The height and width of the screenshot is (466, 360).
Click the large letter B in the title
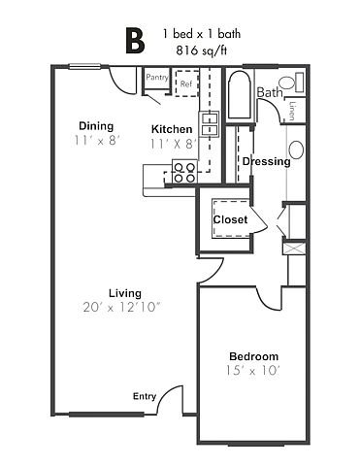(135, 41)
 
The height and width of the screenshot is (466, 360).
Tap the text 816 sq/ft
(201, 50)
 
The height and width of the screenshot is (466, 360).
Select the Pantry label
(157, 78)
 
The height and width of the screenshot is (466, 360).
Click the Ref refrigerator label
(186, 83)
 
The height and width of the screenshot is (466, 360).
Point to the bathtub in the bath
(240, 95)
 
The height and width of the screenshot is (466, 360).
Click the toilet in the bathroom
(291, 83)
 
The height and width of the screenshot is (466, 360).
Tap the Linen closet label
(292, 111)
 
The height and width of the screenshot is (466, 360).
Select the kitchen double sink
(209, 124)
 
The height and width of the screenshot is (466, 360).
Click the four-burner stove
(184, 172)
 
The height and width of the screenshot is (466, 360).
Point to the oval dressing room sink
(296, 150)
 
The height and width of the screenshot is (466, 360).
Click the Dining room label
(96, 126)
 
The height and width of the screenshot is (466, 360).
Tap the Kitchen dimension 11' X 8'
(173, 144)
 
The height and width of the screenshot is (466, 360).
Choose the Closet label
(230, 219)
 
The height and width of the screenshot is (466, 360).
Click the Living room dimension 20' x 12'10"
(121, 307)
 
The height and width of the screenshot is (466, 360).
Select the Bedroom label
(254, 356)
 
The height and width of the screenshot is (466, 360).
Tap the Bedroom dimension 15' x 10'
(252, 370)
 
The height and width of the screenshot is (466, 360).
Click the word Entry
(145, 396)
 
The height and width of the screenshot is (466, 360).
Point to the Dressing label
(267, 161)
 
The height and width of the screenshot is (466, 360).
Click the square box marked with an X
(294, 249)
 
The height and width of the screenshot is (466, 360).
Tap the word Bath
(270, 92)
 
